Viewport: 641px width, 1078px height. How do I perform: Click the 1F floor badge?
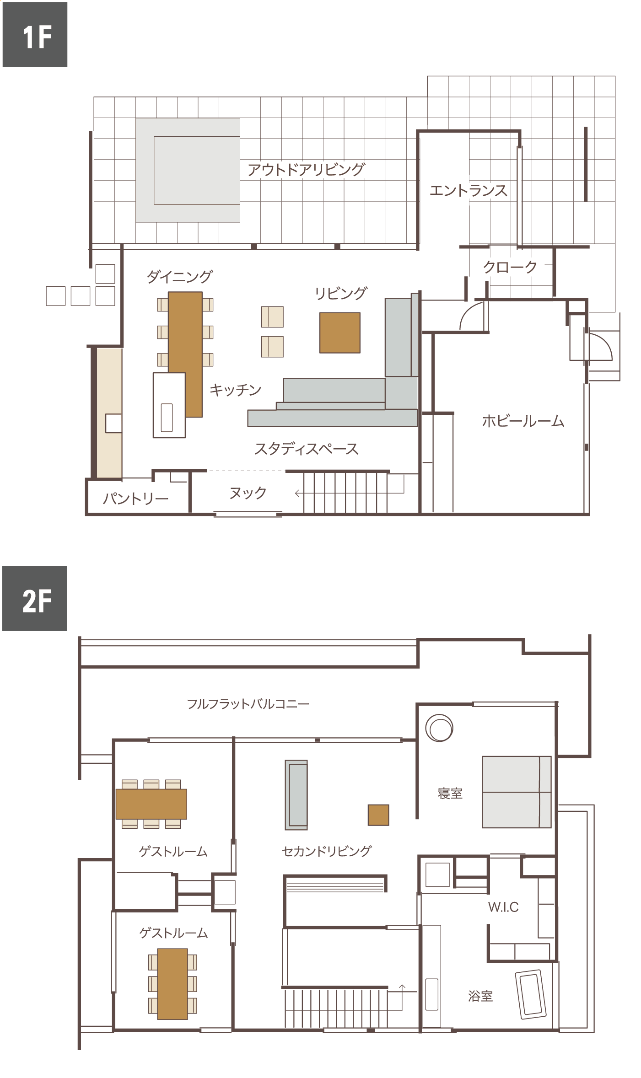click(x=35, y=35)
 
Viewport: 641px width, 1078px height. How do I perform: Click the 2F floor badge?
click(x=35, y=599)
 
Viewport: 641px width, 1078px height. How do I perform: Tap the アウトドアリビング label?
click(x=306, y=170)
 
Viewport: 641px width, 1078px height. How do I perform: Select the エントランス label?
click(x=469, y=190)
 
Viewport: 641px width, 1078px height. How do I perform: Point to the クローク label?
click(x=510, y=267)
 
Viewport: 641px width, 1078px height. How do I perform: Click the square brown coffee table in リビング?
click(x=340, y=333)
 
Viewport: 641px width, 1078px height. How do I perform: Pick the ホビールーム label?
click(x=523, y=421)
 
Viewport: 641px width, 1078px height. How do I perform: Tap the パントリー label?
click(x=135, y=498)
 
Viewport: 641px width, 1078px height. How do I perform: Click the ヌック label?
click(x=248, y=493)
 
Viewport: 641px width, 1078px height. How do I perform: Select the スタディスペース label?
click(x=306, y=449)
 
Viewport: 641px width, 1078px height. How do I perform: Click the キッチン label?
click(x=235, y=390)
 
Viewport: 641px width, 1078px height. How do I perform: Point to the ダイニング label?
click(x=179, y=276)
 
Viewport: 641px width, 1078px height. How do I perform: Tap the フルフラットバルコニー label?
click(x=248, y=704)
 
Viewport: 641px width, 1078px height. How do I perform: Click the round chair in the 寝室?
click(x=439, y=728)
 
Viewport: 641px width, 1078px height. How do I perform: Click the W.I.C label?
click(x=503, y=907)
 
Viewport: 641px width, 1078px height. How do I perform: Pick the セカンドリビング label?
click(x=327, y=851)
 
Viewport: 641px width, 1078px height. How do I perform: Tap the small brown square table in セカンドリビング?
click(x=378, y=815)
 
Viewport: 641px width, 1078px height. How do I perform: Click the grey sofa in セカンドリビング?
click(x=296, y=795)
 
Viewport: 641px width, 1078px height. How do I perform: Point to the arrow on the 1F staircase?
click(x=350, y=493)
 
